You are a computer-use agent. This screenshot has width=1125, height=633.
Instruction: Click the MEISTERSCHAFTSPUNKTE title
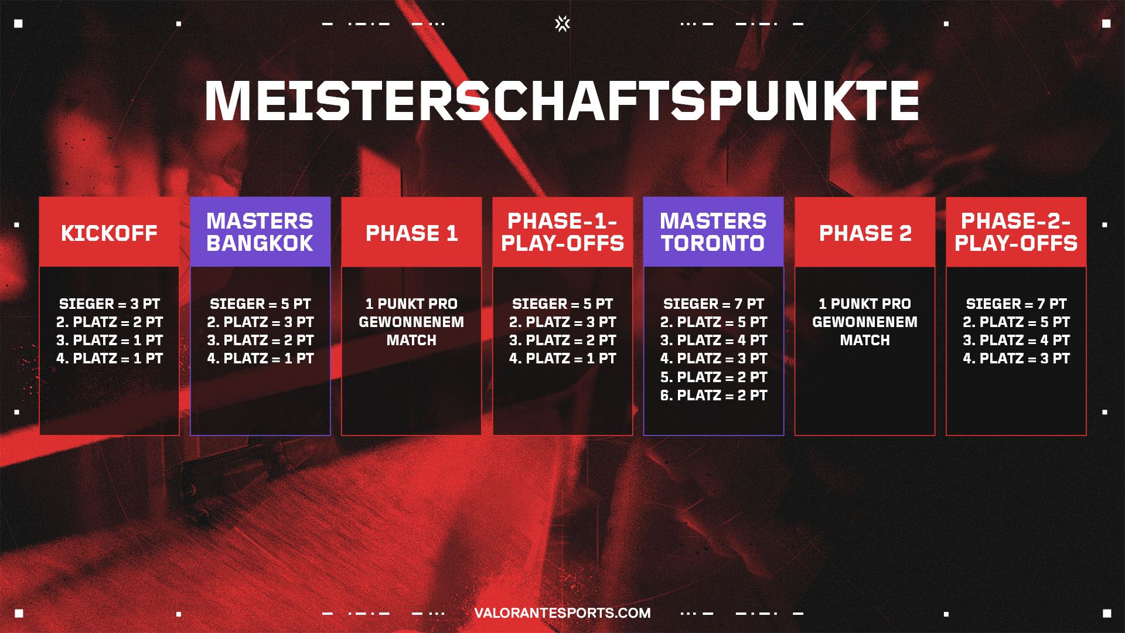pos(562,101)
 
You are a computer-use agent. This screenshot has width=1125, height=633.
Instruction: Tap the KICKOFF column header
pos(109,233)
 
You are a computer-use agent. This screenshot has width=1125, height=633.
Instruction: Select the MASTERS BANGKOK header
pos(260,232)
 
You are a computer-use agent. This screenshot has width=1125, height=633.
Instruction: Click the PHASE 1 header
pos(411,233)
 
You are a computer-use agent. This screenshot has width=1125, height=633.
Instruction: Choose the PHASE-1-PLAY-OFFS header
pos(562,232)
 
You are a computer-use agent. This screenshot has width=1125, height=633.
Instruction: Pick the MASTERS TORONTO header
pos(714,232)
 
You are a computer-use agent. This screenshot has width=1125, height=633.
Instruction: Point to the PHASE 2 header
pos(865,233)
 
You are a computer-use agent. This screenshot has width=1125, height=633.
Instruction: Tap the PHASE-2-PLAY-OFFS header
pos(1016,232)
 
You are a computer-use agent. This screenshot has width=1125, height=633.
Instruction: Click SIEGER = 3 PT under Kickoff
pos(109,304)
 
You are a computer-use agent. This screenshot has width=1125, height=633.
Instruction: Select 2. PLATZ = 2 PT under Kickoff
pos(109,322)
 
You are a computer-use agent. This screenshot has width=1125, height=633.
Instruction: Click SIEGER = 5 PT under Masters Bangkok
pos(260,304)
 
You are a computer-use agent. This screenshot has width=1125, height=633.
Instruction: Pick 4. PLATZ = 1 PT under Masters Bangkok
pos(260,358)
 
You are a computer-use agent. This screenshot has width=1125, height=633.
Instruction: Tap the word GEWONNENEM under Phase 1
pos(411,322)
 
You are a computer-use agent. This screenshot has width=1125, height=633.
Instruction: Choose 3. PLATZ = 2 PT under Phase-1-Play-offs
pos(562,340)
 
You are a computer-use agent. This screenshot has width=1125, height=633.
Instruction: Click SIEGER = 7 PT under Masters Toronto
pos(714,304)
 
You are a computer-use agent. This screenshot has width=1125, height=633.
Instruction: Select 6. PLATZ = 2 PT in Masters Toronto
pos(714,395)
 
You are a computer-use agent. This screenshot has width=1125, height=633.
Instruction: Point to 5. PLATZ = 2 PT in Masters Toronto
pos(714,377)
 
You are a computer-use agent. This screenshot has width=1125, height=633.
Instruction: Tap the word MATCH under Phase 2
pos(865,340)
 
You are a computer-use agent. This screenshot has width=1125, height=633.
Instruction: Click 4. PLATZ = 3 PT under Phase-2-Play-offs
pos(1016,358)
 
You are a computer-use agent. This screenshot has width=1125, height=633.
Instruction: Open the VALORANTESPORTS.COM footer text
pos(562,613)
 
